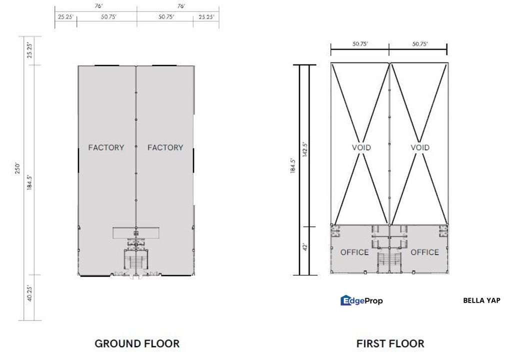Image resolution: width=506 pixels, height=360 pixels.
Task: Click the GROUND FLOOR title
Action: pos(137,343)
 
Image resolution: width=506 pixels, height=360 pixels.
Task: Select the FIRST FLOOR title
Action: pos(390,343)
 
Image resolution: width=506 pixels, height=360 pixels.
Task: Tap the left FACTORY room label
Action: pos(106,147)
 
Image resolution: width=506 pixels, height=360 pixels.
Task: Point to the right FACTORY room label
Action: pos(165,147)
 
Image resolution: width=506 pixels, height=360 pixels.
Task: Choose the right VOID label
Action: pos(420,147)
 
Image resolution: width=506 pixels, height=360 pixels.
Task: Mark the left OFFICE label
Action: pos(354,252)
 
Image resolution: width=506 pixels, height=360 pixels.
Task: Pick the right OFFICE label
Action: pos(425,252)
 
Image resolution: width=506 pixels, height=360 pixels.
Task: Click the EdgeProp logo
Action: pos(361,301)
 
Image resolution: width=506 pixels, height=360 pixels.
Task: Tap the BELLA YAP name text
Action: pos(481,300)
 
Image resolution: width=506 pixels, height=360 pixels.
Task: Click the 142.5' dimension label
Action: pos(304,149)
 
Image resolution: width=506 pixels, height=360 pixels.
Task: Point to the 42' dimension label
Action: pos(304,247)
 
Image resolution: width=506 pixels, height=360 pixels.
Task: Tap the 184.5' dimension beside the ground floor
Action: pos(29,182)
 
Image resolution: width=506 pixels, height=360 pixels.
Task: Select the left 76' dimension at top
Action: pos(98,6)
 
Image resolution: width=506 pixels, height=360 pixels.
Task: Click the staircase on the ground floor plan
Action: pos(136,262)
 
